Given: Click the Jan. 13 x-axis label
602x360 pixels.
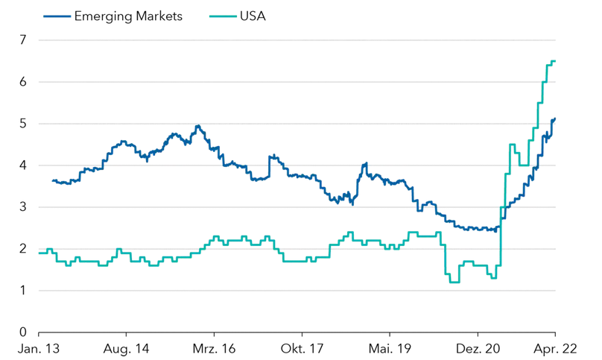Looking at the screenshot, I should pyautogui.click(x=38, y=348).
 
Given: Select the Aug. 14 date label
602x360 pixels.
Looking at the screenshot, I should pyautogui.click(x=126, y=348).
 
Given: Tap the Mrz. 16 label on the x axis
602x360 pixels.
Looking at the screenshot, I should pyautogui.click(x=214, y=348).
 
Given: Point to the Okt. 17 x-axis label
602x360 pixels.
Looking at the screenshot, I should pyautogui.click(x=302, y=348).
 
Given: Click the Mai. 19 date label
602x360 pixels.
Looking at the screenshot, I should pyautogui.click(x=390, y=348).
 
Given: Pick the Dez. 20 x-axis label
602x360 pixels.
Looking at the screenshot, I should pyautogui.click(x=478, y=348).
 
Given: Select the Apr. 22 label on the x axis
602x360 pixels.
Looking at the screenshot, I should pyautogui.click(x=555, y=348).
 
